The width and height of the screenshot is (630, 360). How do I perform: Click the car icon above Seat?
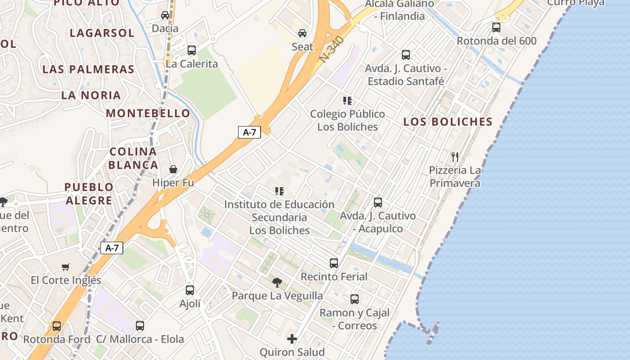(x=302, y=33)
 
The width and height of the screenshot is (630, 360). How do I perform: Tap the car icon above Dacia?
(x=165, y=15)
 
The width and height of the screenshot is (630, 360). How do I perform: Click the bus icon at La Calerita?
(x=192, y=50)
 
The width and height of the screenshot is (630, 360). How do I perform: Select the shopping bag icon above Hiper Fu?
(x=173, y=169)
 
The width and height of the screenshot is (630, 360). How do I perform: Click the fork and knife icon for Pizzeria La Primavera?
(x=455, y=157)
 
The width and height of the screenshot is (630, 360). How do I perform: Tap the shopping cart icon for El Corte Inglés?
(x=66, y=267)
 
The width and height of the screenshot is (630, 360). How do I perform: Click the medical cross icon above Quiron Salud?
(x=292, y=338)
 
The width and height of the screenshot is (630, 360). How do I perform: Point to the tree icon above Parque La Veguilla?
(x=277, y=283)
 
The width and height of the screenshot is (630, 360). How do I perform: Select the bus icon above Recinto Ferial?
(x=334, y=263)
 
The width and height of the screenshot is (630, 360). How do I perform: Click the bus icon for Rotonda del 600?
(x=496, y=27)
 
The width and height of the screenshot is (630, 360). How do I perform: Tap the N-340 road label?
(x=333, y=49)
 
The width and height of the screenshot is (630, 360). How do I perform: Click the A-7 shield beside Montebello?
(x=249, y=132)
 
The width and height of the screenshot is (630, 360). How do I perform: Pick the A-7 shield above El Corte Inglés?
(x=112, y=248)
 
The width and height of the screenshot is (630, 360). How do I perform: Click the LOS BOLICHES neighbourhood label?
(x=448, y=121)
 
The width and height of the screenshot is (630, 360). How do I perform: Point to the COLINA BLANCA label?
(x=133, y=158)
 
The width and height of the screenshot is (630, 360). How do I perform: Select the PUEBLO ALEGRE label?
(x=89, y=193)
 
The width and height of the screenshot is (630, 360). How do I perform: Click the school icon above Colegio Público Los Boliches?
(x=347, y=100)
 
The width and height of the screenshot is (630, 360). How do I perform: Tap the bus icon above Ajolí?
(x=190, y=290)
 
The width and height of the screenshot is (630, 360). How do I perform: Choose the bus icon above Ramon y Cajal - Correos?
(x=355, y=299)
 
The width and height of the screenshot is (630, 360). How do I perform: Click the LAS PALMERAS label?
(x=88, y=69)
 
